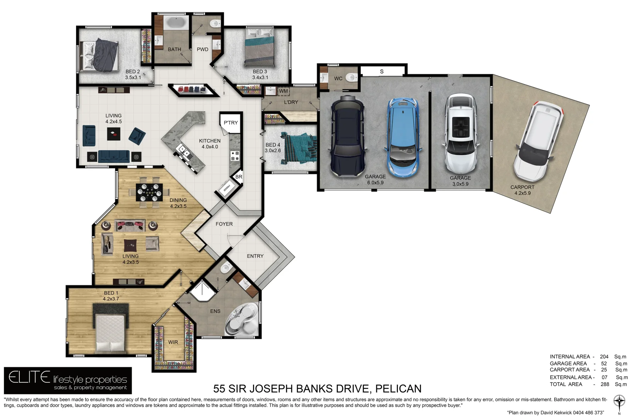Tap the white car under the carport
[x=538, y=142]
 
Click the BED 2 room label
[x=132, y=72]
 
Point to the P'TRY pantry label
[x=231, y=123]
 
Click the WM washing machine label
[x=284, y=91]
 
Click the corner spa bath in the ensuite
[x=242, y=320]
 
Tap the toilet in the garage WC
[x=351, y=78]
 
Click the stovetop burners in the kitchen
[x=235, y=156]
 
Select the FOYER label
[x=224, y=224]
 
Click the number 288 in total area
[x=604, y=384]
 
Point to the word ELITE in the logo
[x=29, y=377]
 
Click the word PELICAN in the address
[x=398, y=388]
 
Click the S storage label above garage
[x=382, y=71]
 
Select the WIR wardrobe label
[x=173, y=342]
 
